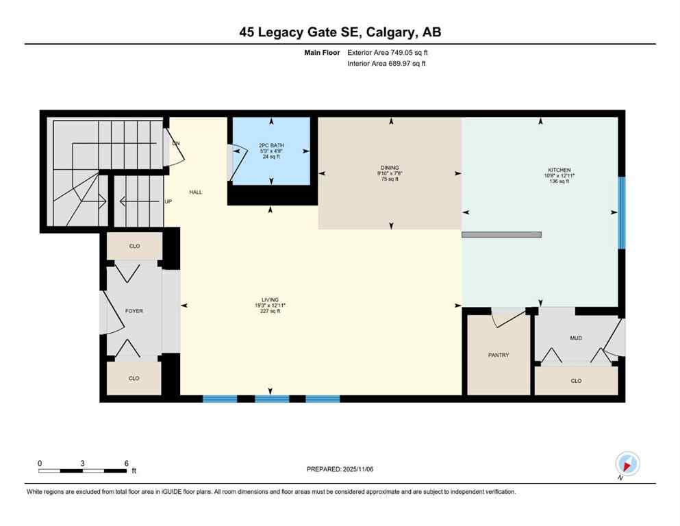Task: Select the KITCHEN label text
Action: tap(559, 170)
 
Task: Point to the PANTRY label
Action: tap(499, 355)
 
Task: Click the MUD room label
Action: tap(576, 338)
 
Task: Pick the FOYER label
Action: tap(134, 311)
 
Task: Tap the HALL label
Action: tap(195, 192)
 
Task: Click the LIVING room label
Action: tap(267, 299)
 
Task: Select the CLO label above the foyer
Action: tap(134, 246)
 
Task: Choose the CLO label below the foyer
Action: tap(134, 378)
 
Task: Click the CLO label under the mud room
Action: tap(576, 381)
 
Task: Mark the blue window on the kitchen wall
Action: tap(621, 213)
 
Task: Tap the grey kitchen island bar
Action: tap(501, 235)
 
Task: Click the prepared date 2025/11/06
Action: tap(340, 469)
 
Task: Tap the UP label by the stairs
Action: tap(168, 201)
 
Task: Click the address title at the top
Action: tap(340, 32)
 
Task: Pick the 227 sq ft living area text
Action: tap(267, 311)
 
